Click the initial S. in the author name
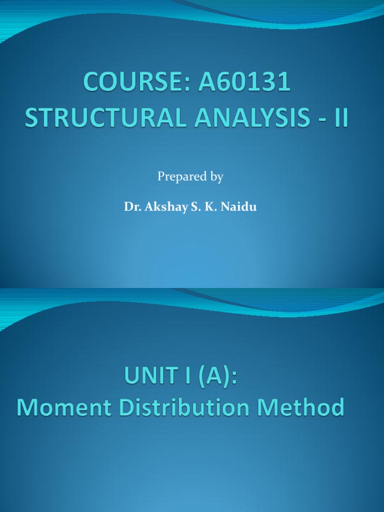click(193, 207)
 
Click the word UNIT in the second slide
click(147, 376)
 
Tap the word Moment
click(63, 407)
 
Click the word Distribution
click(187, 407)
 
